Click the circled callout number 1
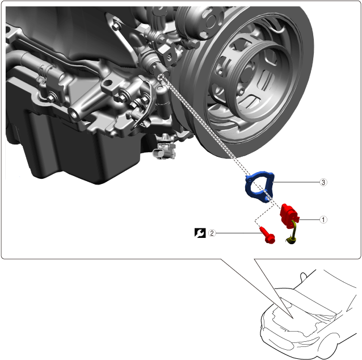323,220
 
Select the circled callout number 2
212,233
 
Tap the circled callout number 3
323,182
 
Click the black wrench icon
200,233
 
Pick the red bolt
268,236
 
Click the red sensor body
289,215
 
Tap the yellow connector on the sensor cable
292,240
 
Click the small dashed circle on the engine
161,77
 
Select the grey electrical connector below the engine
165,150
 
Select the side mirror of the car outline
304,276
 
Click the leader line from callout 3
296,182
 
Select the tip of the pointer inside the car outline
293,319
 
